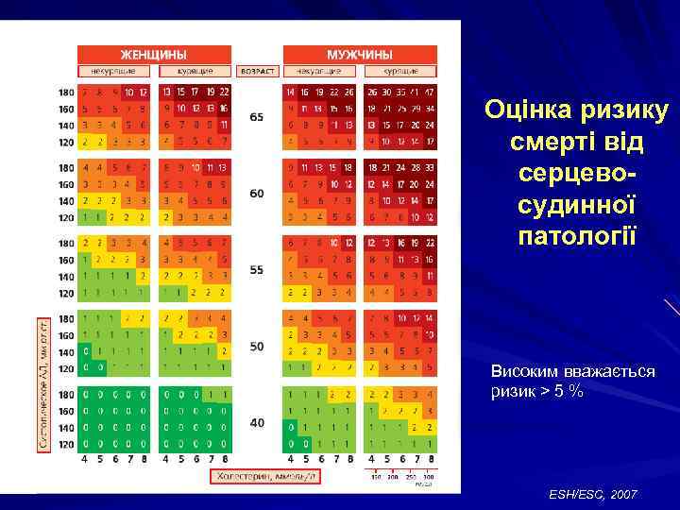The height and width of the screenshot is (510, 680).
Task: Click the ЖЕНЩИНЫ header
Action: [153, 55]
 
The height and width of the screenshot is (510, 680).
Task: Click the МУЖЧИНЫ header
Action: [360, 55]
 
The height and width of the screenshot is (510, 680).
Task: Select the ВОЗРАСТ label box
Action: [257, 71]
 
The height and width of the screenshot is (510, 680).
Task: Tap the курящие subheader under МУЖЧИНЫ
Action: [400, 71]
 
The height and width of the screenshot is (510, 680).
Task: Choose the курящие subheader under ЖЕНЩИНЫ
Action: [195, 71]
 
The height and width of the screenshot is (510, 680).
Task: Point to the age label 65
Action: [257, 117]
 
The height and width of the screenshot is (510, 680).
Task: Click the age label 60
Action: [257, 193]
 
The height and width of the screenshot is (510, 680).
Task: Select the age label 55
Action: [257, 269]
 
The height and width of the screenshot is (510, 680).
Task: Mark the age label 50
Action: [257, 347]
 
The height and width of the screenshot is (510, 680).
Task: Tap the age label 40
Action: [257, 422]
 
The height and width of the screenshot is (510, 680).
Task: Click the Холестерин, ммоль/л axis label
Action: [263, 477]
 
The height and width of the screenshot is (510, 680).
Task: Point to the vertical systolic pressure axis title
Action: [43, 382]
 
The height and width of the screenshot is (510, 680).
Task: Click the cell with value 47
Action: [430, 93]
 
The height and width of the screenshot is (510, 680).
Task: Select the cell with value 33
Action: [430, 168]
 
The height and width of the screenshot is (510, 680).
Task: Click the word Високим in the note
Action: [520, 371]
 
